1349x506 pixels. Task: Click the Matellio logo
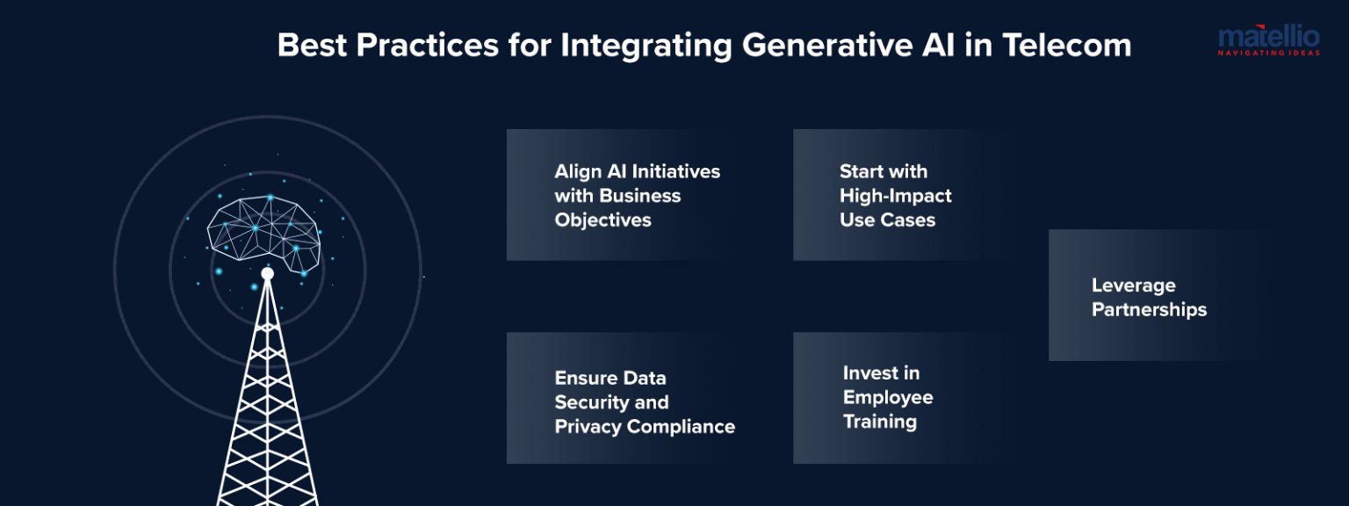click(x=1268, y=38)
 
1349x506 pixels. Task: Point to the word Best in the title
click(x=312, y=45)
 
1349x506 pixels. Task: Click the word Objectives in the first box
click(x=602, y=220)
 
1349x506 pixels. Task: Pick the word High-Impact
click(x=895, y=195)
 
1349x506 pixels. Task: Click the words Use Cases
click(x=887, y=220)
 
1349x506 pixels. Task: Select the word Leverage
click(x=1133, y=286)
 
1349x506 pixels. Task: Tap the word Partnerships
click(x=1149, y=309)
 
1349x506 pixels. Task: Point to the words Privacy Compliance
click(x=645, y=427)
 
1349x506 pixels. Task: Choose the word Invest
click(x=869, y=372)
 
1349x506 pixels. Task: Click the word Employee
click(x=887, y=397)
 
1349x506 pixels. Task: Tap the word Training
click(x=879, y=422)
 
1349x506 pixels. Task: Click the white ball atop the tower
click(x=267, y=273)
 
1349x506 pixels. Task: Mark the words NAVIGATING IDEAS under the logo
click(x=1268, y=54)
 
